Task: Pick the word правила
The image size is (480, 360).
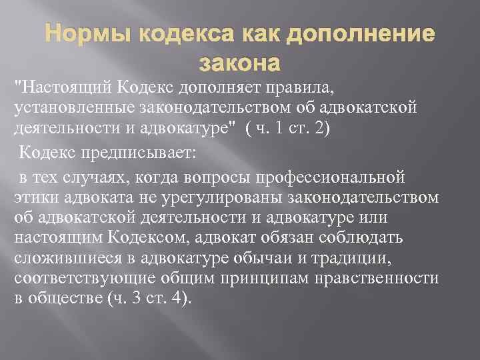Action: coord(306,86)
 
